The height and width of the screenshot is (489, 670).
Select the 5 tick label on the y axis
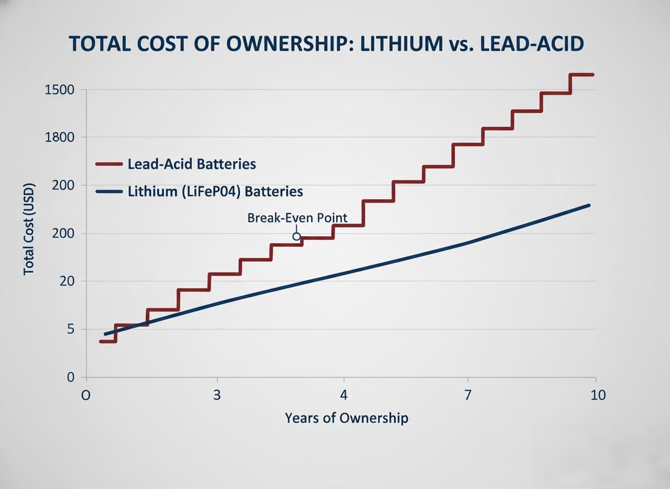click(71, 329)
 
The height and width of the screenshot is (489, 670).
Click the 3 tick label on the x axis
click(217, 395)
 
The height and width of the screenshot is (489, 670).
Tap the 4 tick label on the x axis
click(343, 395)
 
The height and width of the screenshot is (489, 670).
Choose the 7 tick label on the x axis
click(468, 395)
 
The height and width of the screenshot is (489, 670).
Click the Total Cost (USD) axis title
click(29, 229)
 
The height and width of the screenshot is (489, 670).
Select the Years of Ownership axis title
click(346, 418)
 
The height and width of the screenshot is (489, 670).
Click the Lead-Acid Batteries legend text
click(192, 165)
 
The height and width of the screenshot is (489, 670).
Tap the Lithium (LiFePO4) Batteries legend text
click(216, 192)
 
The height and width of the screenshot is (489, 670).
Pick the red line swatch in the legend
click(109, 165)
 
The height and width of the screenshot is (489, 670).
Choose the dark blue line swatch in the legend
click(109, 192)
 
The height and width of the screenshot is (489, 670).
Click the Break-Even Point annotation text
click(297, 218)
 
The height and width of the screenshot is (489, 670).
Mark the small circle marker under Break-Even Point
click(296, 237)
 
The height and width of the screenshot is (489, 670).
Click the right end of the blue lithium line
click(590, 205)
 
